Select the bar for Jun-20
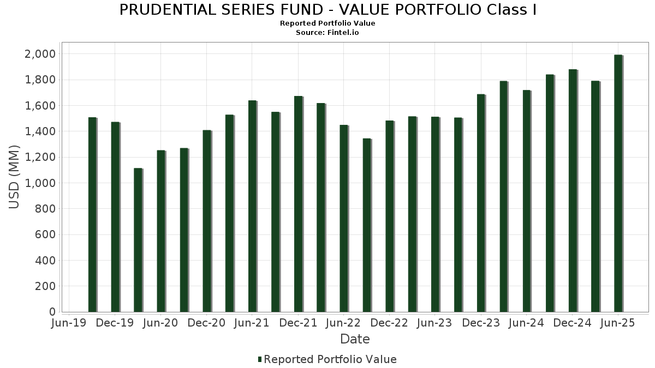[161, 231]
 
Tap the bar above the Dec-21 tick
[298, 204]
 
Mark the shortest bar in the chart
[138, 240]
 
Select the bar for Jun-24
[527, 201]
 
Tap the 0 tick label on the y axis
[52, 312]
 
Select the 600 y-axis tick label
[44, 235]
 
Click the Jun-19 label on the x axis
[68, 323]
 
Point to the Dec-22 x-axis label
[389, 323]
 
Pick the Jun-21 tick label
[252, 323]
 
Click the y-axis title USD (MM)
[15, 177]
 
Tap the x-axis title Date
[355, 339]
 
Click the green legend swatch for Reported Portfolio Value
[260, 359]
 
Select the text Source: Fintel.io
[327, 32]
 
